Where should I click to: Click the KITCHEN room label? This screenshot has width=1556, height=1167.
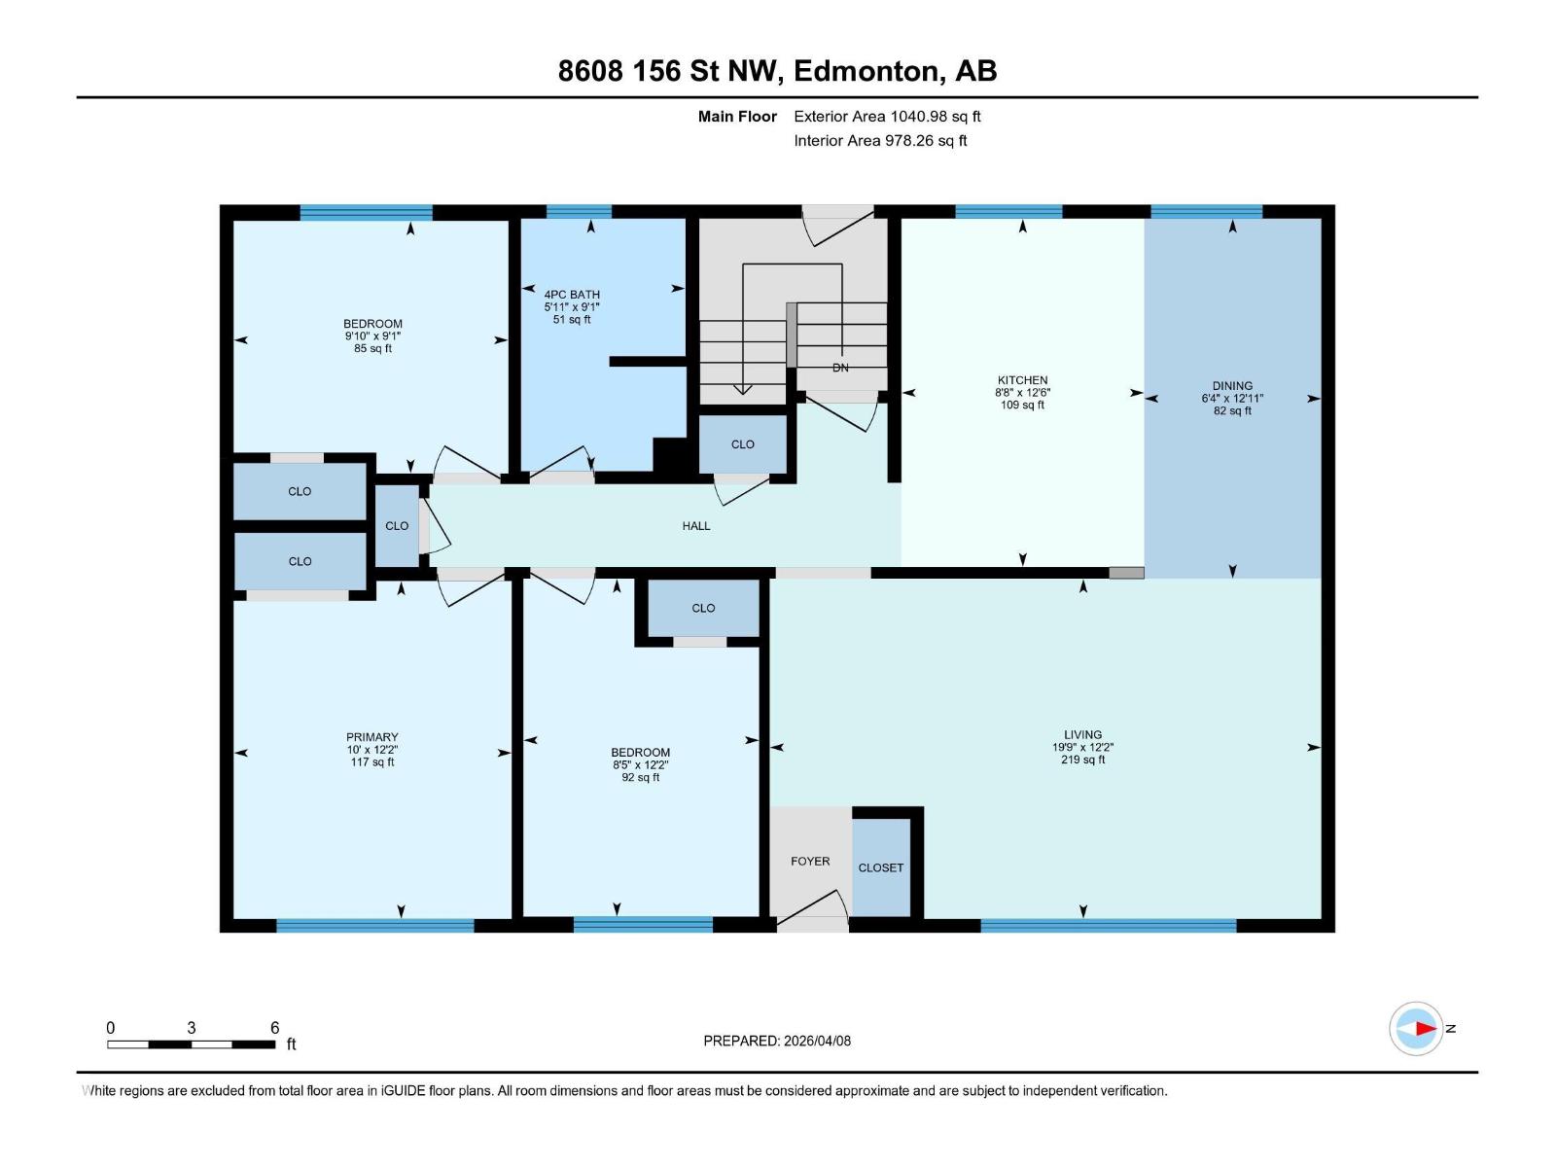tap(1022, 380)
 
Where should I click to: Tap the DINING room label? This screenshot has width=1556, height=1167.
tap(1232, 385)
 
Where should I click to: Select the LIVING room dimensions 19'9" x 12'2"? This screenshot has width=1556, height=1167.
tap(1082, 748)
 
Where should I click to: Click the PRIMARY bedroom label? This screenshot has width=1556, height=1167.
tap(371, 737)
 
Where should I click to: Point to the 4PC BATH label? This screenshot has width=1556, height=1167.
tap(572, 295)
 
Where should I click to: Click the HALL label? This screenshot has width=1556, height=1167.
tap(696, 526)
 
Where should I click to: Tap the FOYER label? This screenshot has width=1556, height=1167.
tap(810, 862)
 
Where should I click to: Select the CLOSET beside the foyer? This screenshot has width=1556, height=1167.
tap(881, 867)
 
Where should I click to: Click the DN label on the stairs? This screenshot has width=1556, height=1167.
tap(840, 368)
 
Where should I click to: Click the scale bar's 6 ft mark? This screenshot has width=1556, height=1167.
tap(274, 1028)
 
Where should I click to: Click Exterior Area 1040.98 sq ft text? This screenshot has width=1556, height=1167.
tap(887, 117)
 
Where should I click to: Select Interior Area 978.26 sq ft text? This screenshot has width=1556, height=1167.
tap(880, 141)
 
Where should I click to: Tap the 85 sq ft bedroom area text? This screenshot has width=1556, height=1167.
tap(372, 348)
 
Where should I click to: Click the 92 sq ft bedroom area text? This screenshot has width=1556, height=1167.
tap(640, 777)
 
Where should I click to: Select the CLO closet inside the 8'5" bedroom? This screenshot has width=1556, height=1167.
tap(703, 608)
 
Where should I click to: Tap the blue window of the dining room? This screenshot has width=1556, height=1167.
tap(1206, 211)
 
